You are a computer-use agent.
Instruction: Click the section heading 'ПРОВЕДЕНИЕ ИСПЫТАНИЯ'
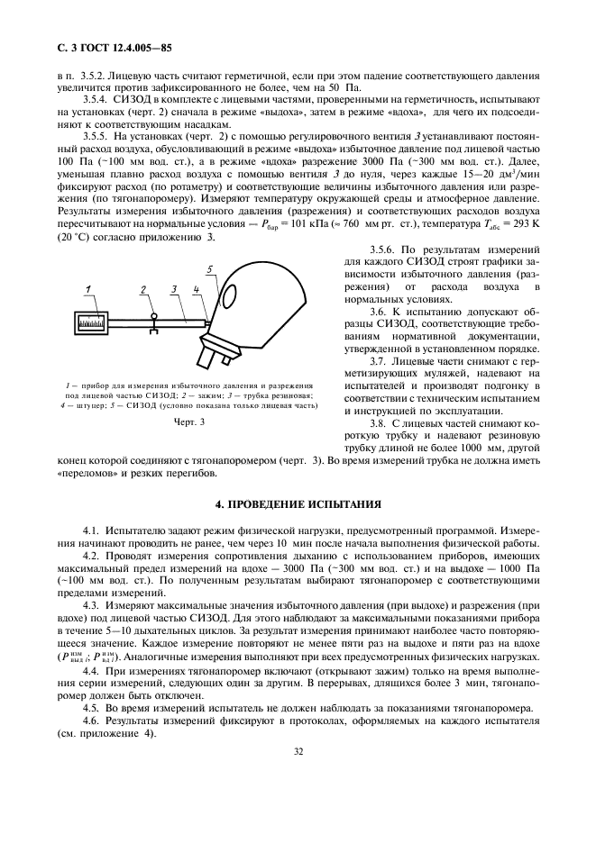coord(298,503)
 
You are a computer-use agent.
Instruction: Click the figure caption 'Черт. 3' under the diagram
coord(189,421)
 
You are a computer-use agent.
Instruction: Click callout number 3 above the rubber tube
coord(170,288)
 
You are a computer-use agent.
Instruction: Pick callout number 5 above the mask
coord(210,269)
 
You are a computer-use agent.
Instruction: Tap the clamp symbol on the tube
coord(154,320)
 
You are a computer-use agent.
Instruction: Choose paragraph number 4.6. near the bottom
coord(95,722)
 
